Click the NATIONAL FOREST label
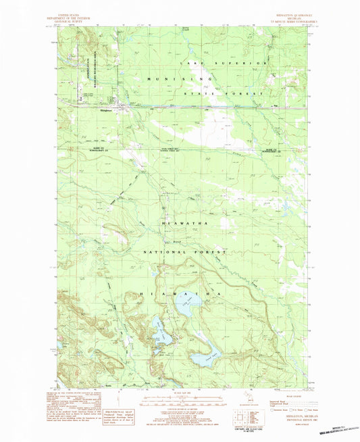(184, 251)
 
